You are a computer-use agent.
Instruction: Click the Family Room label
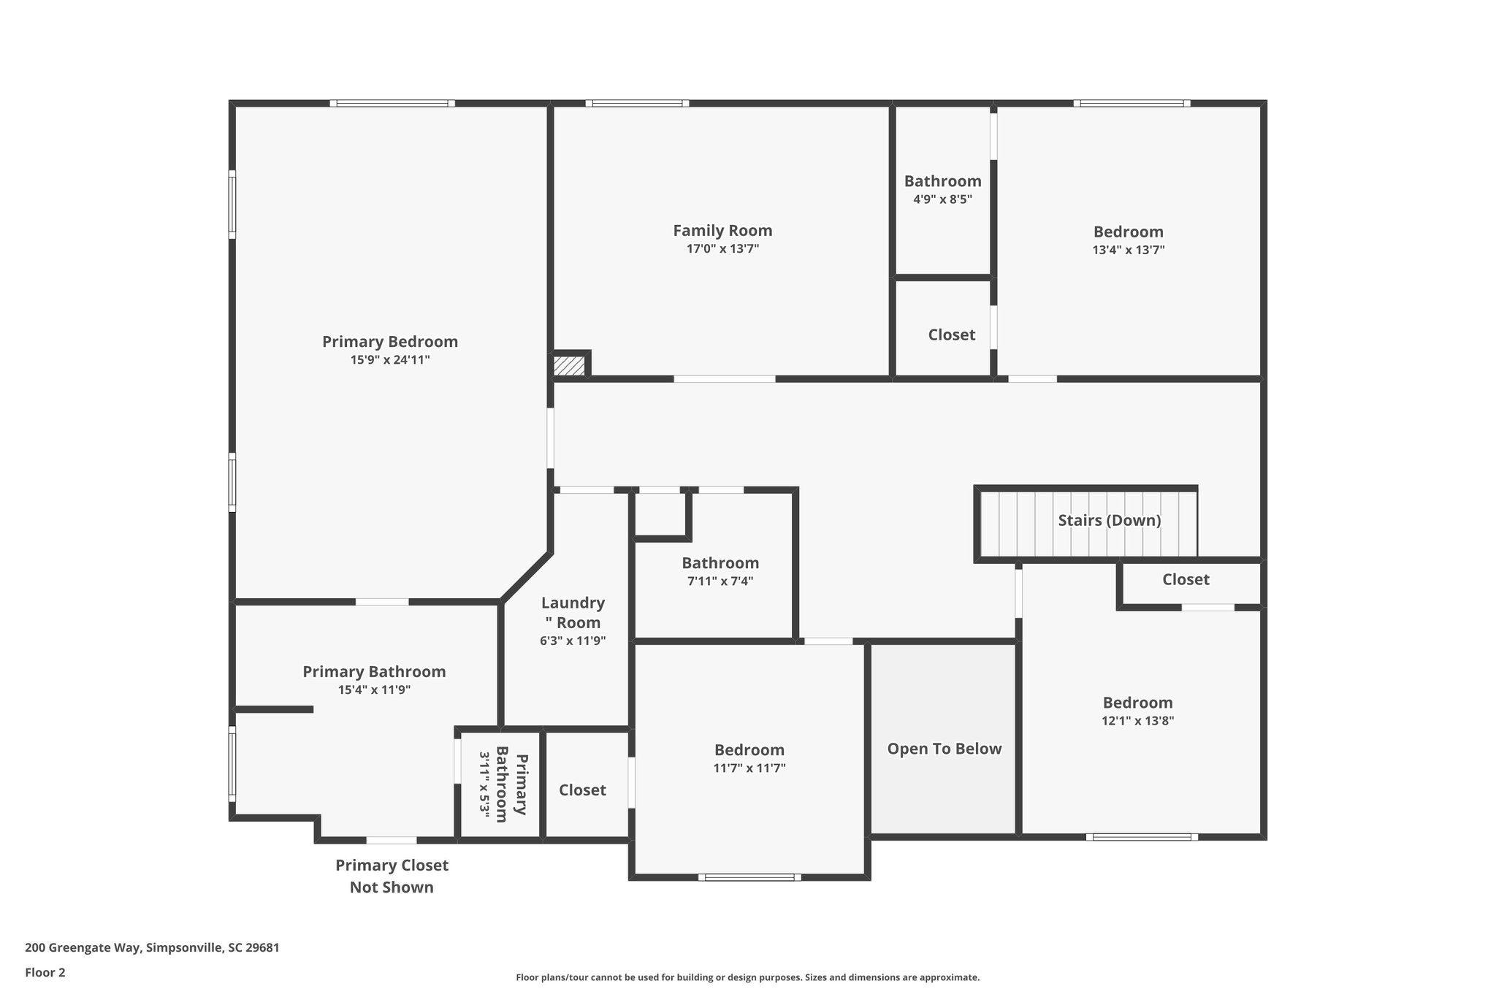coord(722,231)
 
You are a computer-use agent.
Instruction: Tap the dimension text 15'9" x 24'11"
coord(390,360)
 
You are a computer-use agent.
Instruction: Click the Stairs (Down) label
coord(1109,521)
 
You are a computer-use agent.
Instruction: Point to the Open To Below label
coord(944,749)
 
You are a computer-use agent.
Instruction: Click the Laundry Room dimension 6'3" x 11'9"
coord(573,641)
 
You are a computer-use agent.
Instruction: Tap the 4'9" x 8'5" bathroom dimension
coord(942,199)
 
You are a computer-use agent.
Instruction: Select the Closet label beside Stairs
coord(1186,580)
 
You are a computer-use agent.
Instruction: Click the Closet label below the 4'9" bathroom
coord(951,335)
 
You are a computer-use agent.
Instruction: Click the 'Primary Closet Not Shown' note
coord(392,876)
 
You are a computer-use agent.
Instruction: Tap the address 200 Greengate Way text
coord(152,948)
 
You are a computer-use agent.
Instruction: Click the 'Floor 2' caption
coord(45,973)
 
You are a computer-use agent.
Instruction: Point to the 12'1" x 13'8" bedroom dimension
coord(1137,721)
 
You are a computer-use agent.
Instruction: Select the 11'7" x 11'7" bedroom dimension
coord(749,768)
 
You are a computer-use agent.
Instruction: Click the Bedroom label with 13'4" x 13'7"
coord(1128,232)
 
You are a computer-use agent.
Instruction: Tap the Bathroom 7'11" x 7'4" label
coord(720,563)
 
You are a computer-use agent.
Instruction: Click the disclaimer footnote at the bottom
coord(747,977)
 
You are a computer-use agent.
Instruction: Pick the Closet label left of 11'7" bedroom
coord(582,790)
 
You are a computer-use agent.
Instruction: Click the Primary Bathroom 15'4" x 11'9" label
coord(374,672)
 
